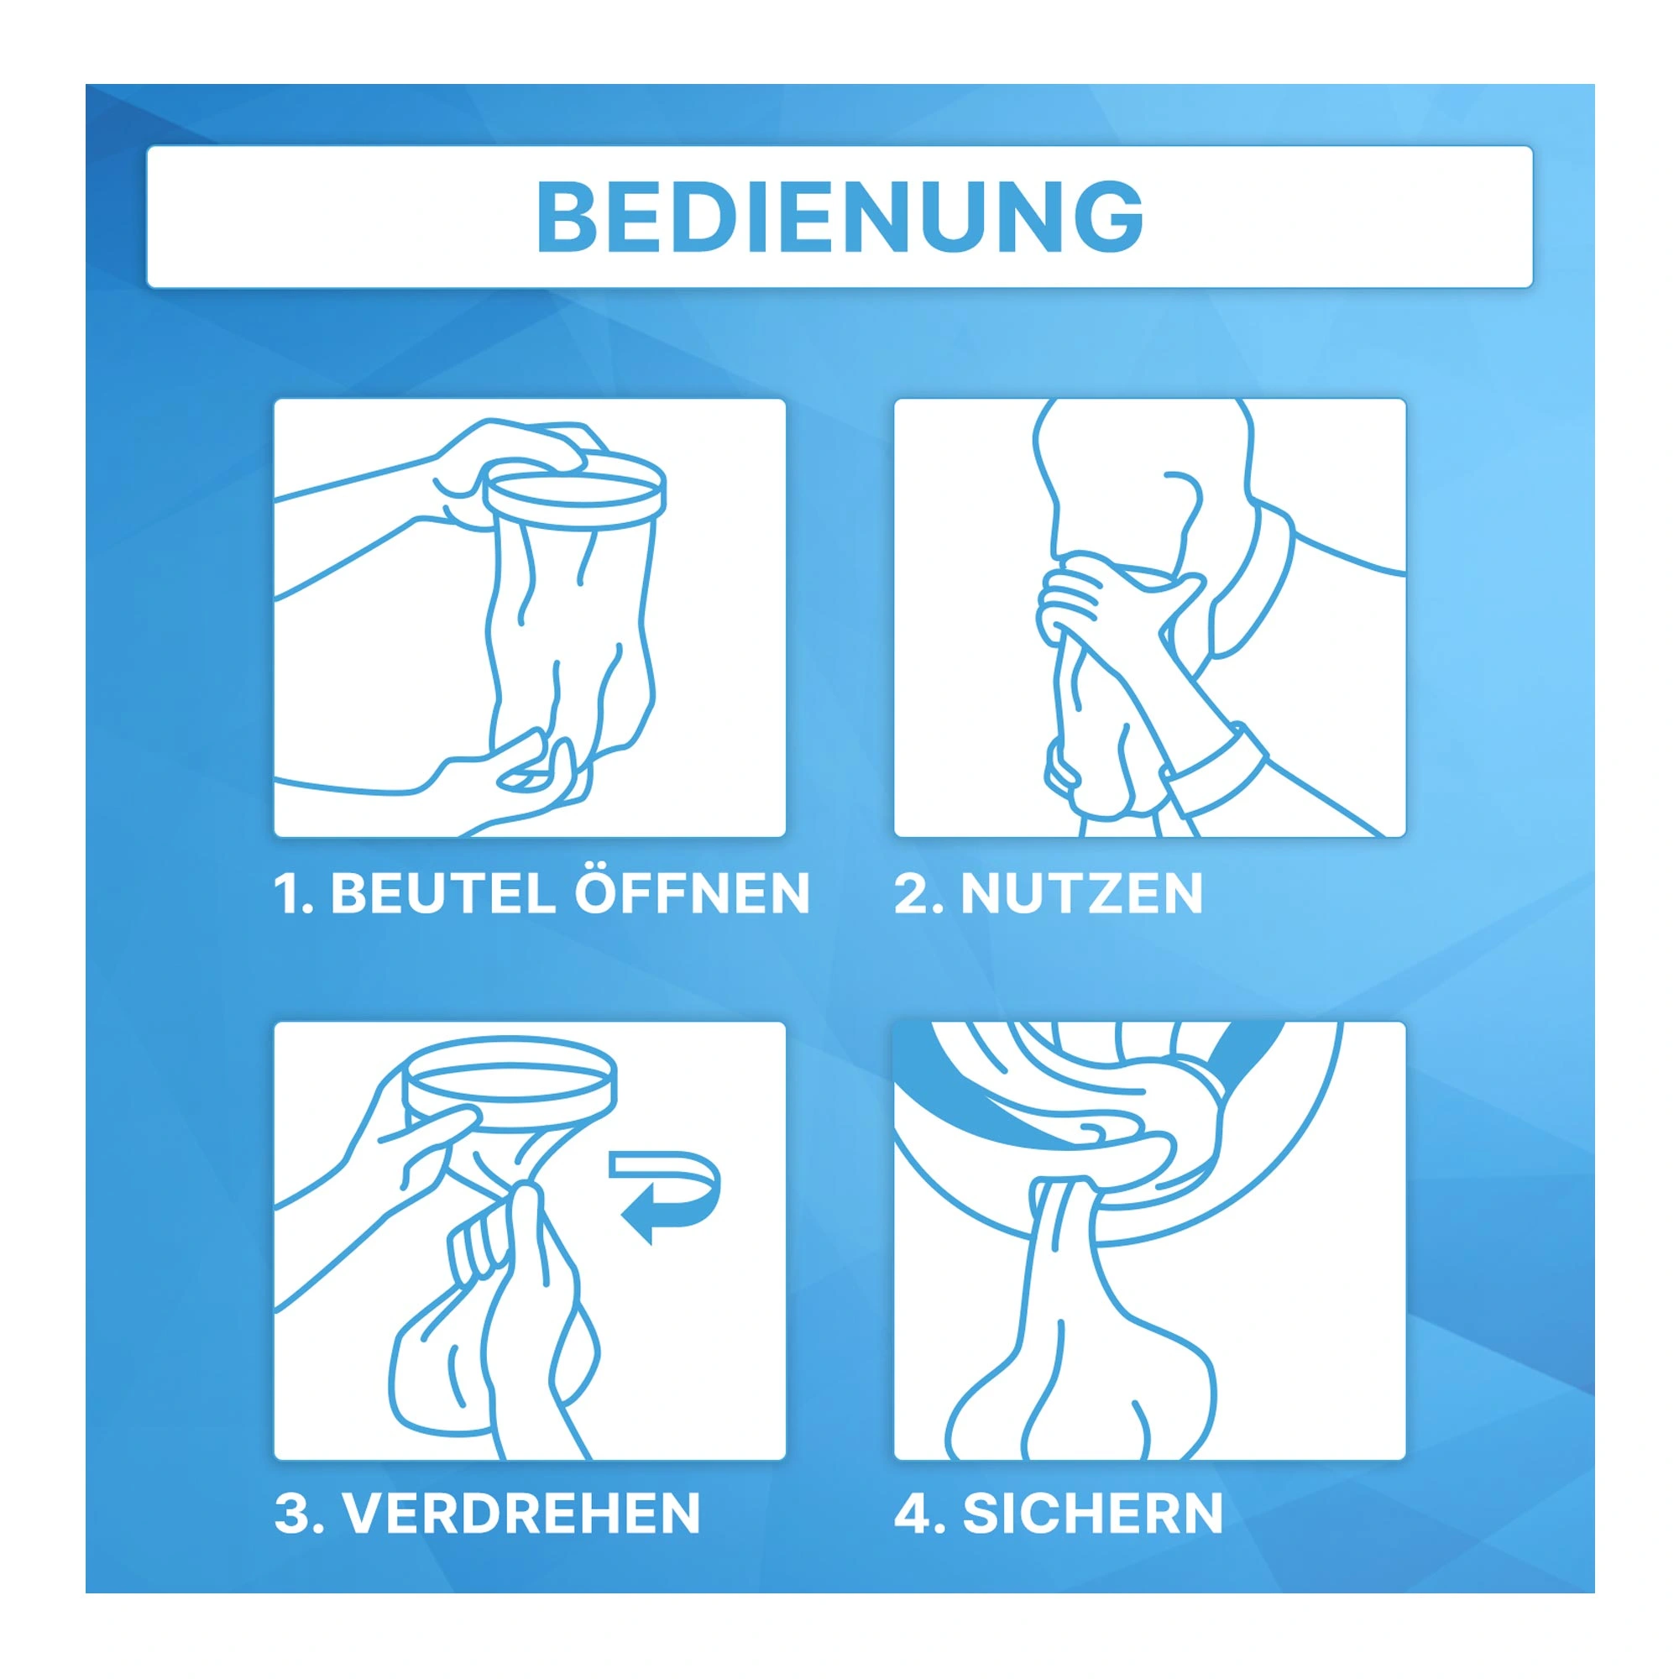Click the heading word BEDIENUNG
(839, 217)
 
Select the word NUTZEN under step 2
(1081, 893)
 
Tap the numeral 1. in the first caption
(293, 893)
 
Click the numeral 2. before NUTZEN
(918, 893)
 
